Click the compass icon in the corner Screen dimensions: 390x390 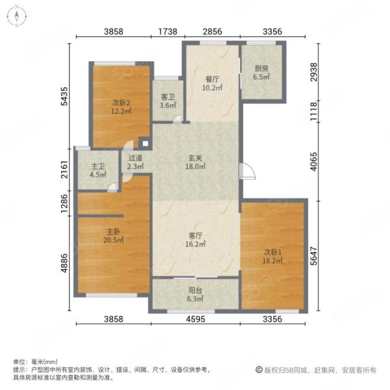(17, 16)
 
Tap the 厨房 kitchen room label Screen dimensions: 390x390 (261, 72)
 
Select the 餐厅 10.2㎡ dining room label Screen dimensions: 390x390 (212, 83)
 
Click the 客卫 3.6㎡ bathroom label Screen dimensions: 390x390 (168, 101)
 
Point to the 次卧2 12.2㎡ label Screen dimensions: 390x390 (121, 107)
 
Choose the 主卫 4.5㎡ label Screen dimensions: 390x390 (98, 170)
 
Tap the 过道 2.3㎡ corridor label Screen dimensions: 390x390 (135, 162)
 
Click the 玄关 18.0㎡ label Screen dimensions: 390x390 (195, 162)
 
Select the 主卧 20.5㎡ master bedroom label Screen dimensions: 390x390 (113, 236)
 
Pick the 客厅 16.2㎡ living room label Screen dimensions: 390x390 (195, 239)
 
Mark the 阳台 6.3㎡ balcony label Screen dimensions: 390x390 (195, 294)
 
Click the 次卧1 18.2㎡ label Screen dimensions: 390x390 (272, 257)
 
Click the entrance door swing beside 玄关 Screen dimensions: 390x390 (247, 171)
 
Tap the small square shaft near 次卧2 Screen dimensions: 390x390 (145, 144)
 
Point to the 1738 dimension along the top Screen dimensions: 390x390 (168, 32)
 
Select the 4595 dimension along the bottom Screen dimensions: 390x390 (196, 319)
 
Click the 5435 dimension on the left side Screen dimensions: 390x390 (64, 96)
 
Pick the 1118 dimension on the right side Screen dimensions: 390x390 (314, 112)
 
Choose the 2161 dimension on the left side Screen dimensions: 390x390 (64, 170)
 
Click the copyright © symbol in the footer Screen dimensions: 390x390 (259, 370)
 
